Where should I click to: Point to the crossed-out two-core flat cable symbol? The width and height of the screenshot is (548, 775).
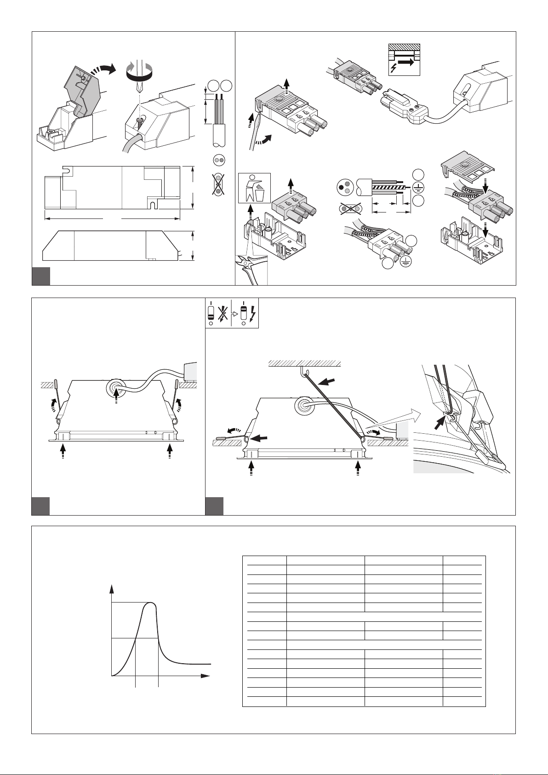(x=219, y=185)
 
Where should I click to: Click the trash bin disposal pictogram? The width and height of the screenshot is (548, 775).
(x=254, y=188)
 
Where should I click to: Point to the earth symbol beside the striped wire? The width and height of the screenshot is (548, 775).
(x=418, y=187)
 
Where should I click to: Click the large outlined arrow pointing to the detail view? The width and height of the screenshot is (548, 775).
(x=395, y=420)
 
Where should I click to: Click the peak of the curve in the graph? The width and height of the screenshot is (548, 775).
(x=149, y=603)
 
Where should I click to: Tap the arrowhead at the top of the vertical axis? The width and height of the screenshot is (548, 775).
(x=112, y=588)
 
